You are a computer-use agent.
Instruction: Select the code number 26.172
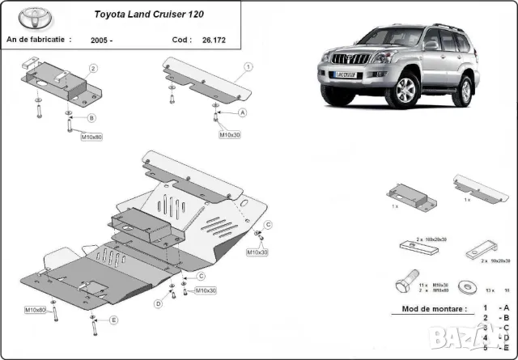[215, 38]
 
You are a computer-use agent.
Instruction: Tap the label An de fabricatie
[38, 38]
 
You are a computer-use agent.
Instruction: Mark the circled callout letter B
[91, 118]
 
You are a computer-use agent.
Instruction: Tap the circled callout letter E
[113, 320]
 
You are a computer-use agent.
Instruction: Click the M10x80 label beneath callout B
[91, 137]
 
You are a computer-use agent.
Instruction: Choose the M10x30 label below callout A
[230, 134]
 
